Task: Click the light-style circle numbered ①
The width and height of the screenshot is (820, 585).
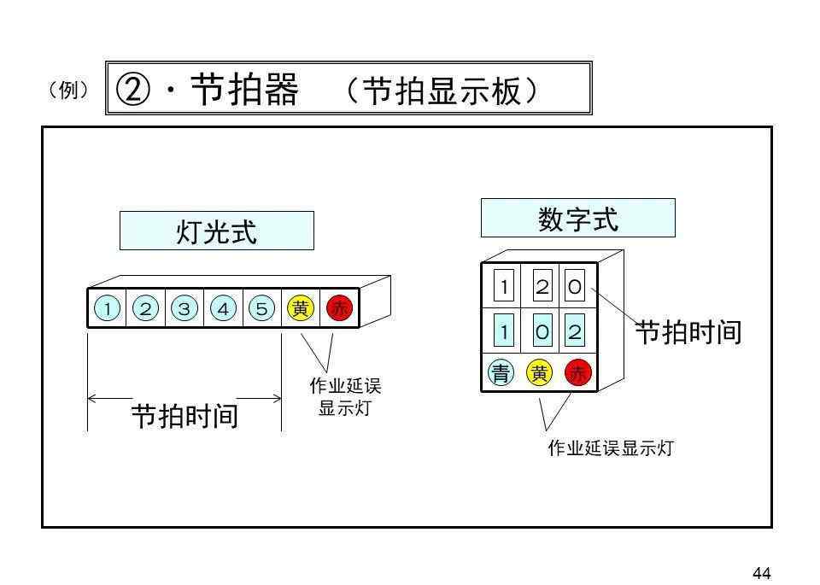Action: click(x=107, y=309)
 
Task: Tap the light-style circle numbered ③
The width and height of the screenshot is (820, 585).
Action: click(x=184, y=309)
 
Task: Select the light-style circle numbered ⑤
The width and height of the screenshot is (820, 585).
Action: click(x=261, y=309)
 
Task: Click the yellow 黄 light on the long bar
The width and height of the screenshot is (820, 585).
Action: click(x=301, y=309)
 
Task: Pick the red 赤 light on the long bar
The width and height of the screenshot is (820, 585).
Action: click(x=340, y=309)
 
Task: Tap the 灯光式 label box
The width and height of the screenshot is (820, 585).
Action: click(x=216, y=231)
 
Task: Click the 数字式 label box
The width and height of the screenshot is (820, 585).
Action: click(x=577, y=219)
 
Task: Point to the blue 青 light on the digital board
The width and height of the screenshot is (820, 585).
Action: click(x=501, y=372)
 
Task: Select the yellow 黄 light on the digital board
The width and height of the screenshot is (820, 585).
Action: click(x=540, y=372)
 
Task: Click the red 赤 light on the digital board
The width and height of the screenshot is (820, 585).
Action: click(x=578, y=372)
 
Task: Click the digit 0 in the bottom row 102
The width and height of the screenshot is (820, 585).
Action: click(x=542, y=331)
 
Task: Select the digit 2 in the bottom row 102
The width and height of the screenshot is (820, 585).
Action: click(x=575, y=331)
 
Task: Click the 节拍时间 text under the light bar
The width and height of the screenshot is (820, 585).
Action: click(x=184, y=416)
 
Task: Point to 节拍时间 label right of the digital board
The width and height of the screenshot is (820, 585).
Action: click(x=687, y=332)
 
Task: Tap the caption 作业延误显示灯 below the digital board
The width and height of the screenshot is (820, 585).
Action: click(x=610, y=448)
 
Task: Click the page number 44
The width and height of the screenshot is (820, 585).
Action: click(x=762, y=573)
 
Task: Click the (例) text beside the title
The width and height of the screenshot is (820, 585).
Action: click(x=67, y=90)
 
